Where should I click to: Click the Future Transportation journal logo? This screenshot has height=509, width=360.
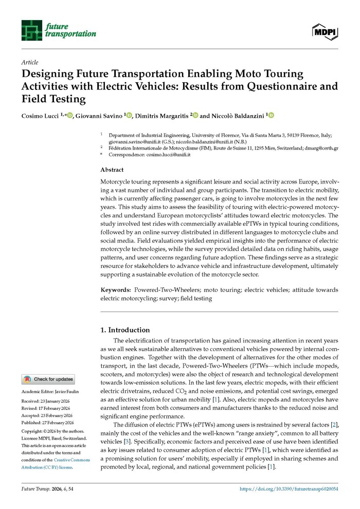pyautogui.click(x=58, y=30)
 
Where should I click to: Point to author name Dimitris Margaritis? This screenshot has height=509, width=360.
pyautogui.click(x=161, y=116)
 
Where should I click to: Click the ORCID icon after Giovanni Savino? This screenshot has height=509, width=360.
pyautogui.click(x=129, y=116)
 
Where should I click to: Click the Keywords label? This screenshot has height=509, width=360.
pyautogui.click(x=115, y=290)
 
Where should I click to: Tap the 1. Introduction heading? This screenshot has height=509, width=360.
pyautogui.click(x=124, y=330)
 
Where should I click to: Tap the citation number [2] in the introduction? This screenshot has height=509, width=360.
pyautogui.click(x=335, y=425)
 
